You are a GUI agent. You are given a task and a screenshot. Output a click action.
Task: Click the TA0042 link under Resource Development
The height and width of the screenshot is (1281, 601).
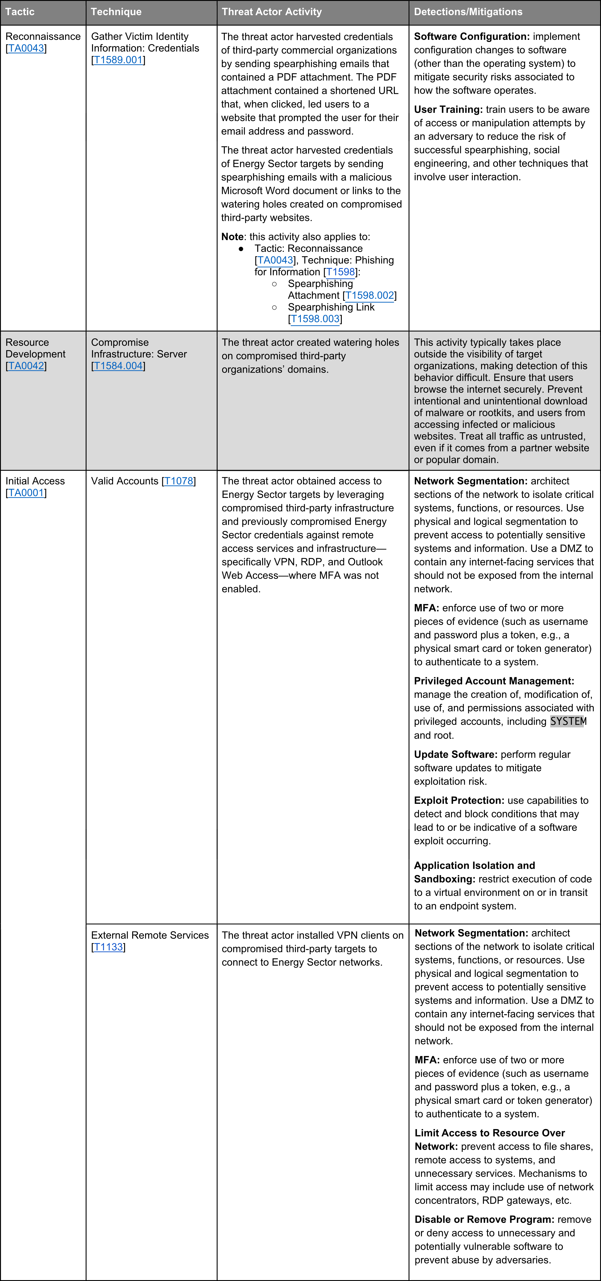(26, 366)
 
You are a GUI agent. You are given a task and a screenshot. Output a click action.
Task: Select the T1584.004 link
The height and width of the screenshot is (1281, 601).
(118, 366)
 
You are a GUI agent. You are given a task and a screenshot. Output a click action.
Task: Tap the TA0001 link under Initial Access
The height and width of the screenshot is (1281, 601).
(26, 493)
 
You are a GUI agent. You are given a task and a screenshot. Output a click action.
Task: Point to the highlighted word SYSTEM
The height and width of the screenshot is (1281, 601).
(568, 721)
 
